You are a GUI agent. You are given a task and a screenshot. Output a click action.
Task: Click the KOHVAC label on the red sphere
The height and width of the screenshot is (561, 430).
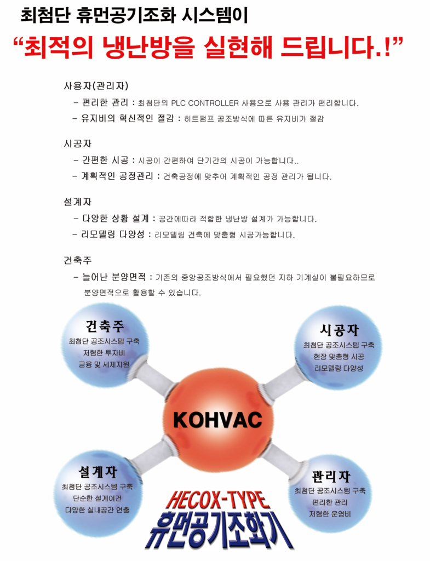[217, 419]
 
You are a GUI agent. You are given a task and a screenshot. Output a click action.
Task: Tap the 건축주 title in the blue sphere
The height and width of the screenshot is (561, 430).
[105, 326]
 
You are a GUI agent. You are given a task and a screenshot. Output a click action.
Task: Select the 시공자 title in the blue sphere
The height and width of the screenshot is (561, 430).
[339, 330]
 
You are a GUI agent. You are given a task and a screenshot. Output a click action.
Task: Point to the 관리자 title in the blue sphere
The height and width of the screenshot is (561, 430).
[331, 476]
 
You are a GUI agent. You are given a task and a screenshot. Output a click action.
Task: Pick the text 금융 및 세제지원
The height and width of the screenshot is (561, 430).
[105, 364]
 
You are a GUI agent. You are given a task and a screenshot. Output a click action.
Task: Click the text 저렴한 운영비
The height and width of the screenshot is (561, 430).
[331, 514]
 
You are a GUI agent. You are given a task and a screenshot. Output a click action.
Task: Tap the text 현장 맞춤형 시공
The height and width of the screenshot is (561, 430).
[339, 357]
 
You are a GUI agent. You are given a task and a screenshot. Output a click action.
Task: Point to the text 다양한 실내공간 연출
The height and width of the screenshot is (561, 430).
[97, 510]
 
